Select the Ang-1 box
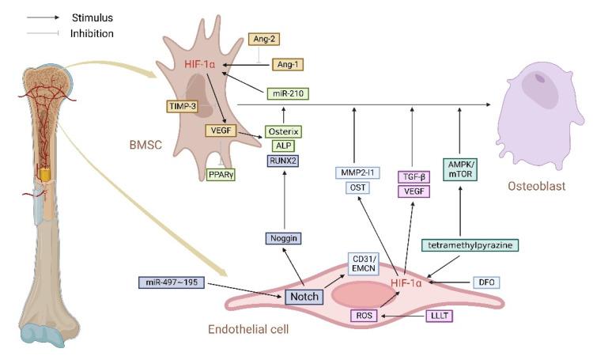[x=287, y=63]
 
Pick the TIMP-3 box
[x=182, y=106]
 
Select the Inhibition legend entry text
[x=92, y=33]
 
